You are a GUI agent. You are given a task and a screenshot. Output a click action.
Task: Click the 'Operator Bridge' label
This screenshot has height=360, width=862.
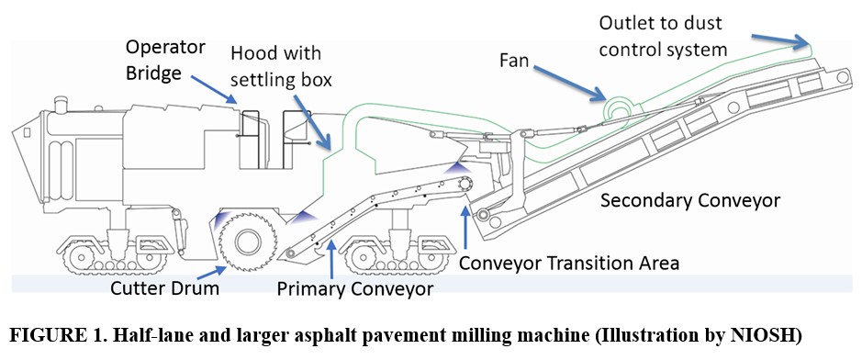pos(165,60)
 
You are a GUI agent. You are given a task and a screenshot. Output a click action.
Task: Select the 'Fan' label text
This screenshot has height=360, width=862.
pos(513,61)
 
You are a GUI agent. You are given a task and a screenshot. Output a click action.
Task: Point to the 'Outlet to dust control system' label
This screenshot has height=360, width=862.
pos(663,36)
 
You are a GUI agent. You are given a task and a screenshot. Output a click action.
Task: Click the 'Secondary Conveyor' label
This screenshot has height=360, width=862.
pos(690,200)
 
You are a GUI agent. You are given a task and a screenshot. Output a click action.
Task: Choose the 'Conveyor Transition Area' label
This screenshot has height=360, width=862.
pos(569,263)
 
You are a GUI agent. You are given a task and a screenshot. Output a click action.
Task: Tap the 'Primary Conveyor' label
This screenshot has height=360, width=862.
pos(354,288)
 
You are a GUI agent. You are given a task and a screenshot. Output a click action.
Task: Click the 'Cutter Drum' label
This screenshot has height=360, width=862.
pos(164,288)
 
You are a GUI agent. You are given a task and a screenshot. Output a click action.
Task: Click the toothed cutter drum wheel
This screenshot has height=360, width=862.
pos(246,241)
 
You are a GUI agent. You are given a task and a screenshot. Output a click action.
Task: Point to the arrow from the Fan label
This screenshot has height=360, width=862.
pos(569,83)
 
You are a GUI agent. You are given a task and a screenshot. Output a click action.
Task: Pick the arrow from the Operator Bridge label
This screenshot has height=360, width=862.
pos(215,90)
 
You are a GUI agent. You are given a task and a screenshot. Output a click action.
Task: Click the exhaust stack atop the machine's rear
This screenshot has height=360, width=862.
pos(60,105)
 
